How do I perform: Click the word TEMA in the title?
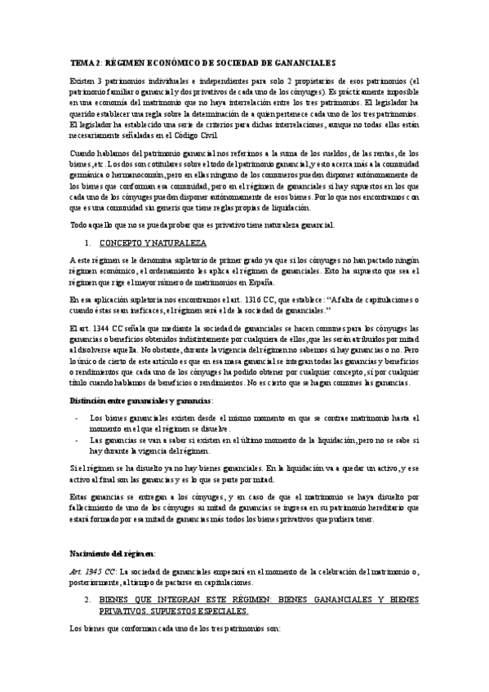coord(80,64)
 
